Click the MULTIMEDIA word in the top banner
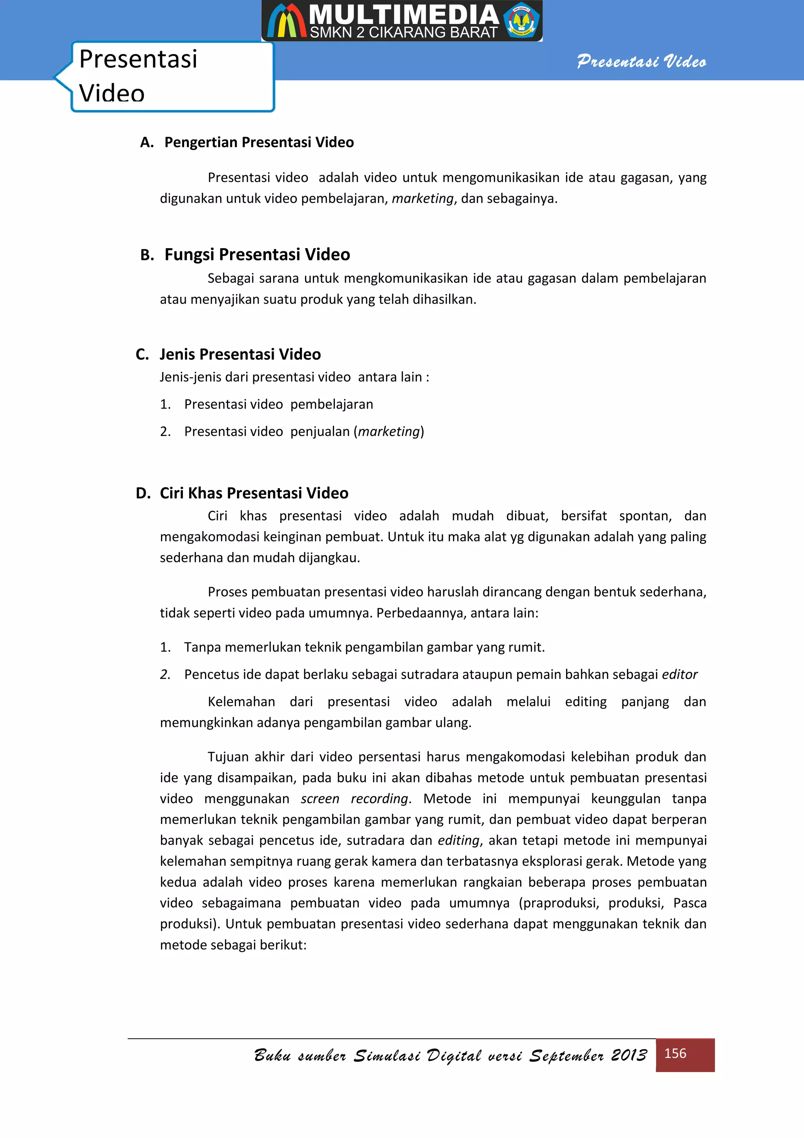pyautogui.click(x=404, y=15)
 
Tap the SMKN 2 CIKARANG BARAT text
pyautogui.click(x=404, y=33)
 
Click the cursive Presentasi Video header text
pyautogui.click(x=641, y=62)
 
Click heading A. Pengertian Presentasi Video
pyautogui.click(x=247, y=142)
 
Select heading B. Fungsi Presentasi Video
pyautogui.click(x=245, y=254)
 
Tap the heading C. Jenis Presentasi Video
pyautogui.click(x=228, y=354)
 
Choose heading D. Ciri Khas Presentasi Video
pyautogui.click(x=242, y=493)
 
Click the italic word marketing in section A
pyautogui.click(x=422, y=199)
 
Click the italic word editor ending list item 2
pyautogui.click(x=680, y=675)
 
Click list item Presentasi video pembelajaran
pyautogui.click(x=278, y=404)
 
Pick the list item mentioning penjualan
pyautogui.click(x=304, y=432)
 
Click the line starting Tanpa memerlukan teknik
pyautogui.click(x=364, y=647)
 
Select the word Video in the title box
pyautogui.click(x=112, y=93)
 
